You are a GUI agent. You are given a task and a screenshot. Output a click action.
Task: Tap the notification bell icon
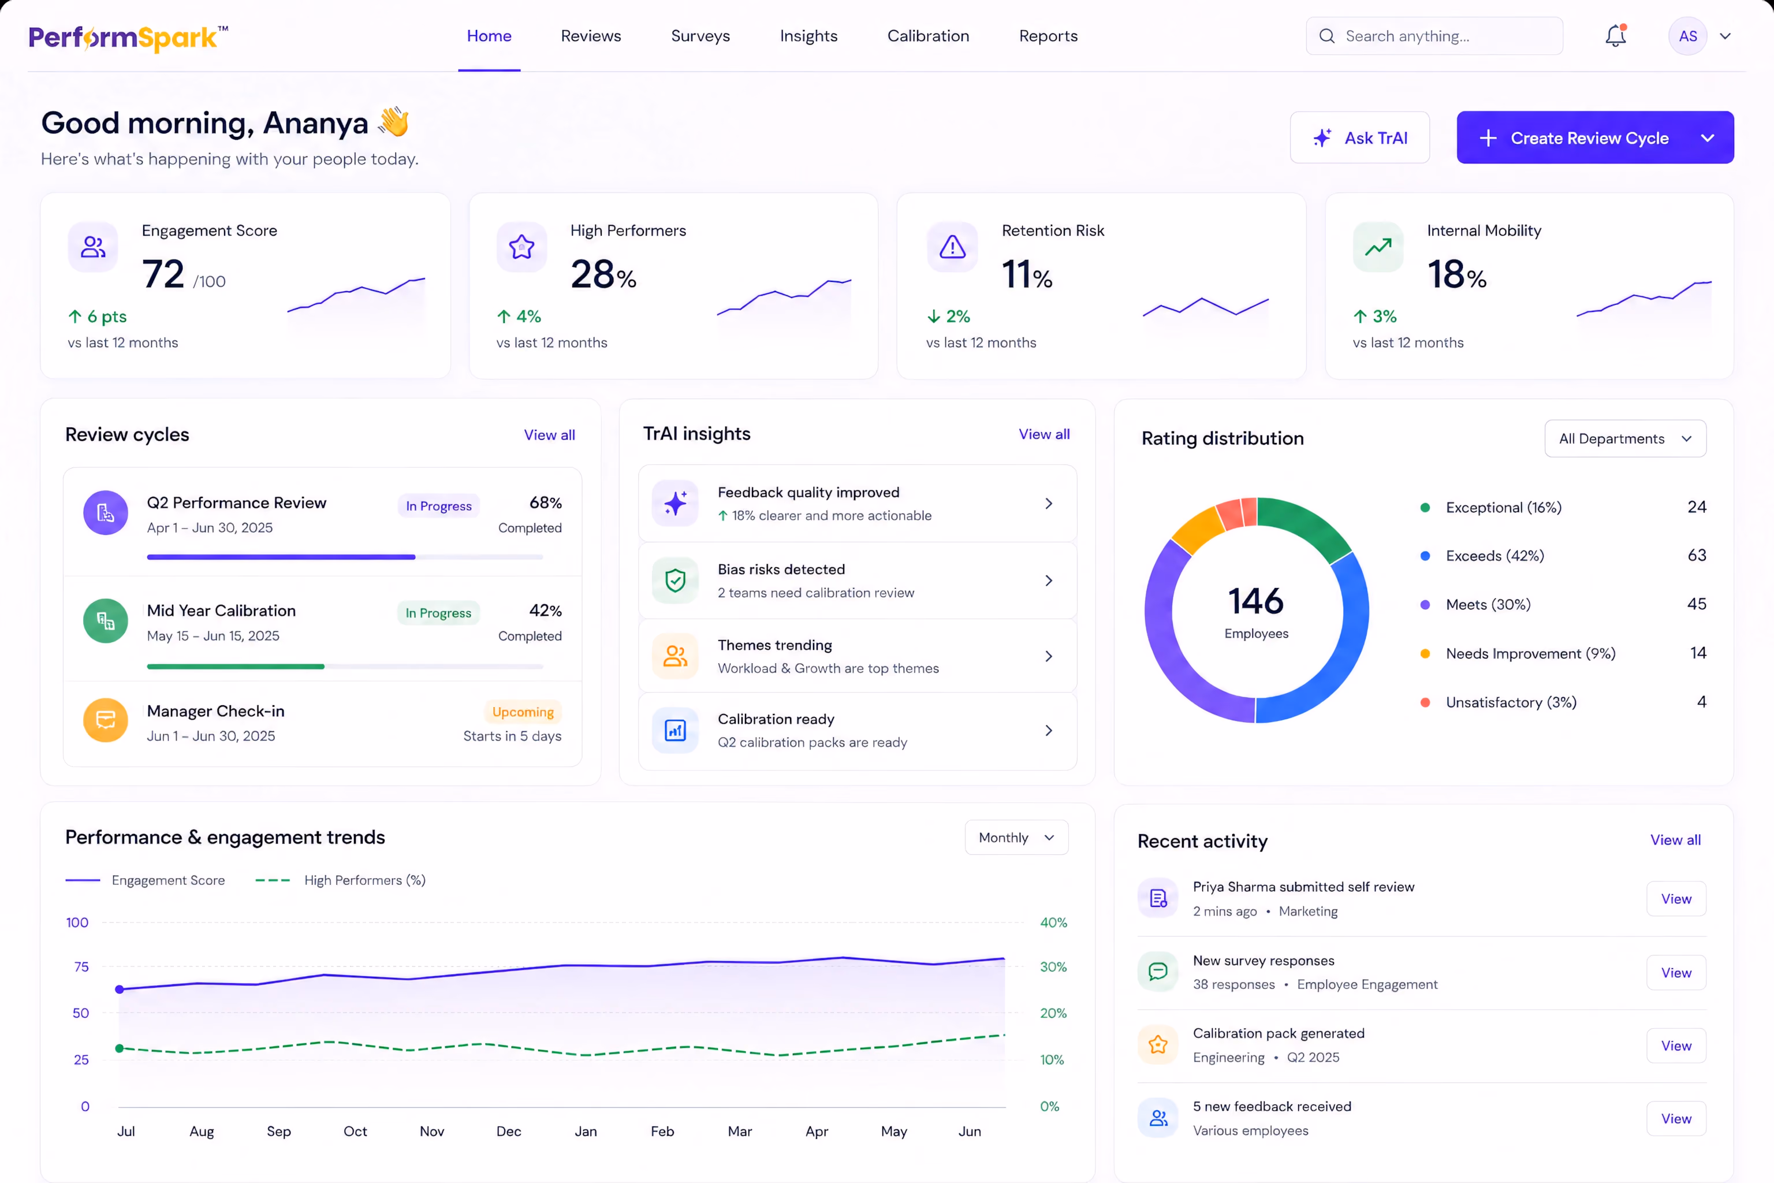point(1615,35)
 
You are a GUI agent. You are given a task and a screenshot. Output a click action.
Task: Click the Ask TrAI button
point(1359,137)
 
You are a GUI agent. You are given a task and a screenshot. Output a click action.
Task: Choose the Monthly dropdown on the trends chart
point(1016,838)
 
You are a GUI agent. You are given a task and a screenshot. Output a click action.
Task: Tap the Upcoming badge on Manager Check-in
point(523,712)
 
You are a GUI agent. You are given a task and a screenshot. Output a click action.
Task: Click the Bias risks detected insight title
point(781,569)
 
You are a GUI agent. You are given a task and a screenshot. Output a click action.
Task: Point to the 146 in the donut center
point(1256,601)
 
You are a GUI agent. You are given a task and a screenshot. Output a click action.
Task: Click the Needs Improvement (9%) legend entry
point(1530,653)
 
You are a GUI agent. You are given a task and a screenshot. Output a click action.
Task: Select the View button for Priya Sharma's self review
point(1676,899)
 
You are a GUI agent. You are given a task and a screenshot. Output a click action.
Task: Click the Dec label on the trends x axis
point(508,1131)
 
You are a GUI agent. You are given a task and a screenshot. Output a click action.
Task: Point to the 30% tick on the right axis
point(1053,966)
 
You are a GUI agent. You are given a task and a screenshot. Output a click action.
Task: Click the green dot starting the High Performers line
point(119,1048)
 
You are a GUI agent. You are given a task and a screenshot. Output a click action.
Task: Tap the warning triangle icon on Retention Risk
point(952,247)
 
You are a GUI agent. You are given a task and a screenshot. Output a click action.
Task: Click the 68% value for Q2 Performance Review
point(545,503)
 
